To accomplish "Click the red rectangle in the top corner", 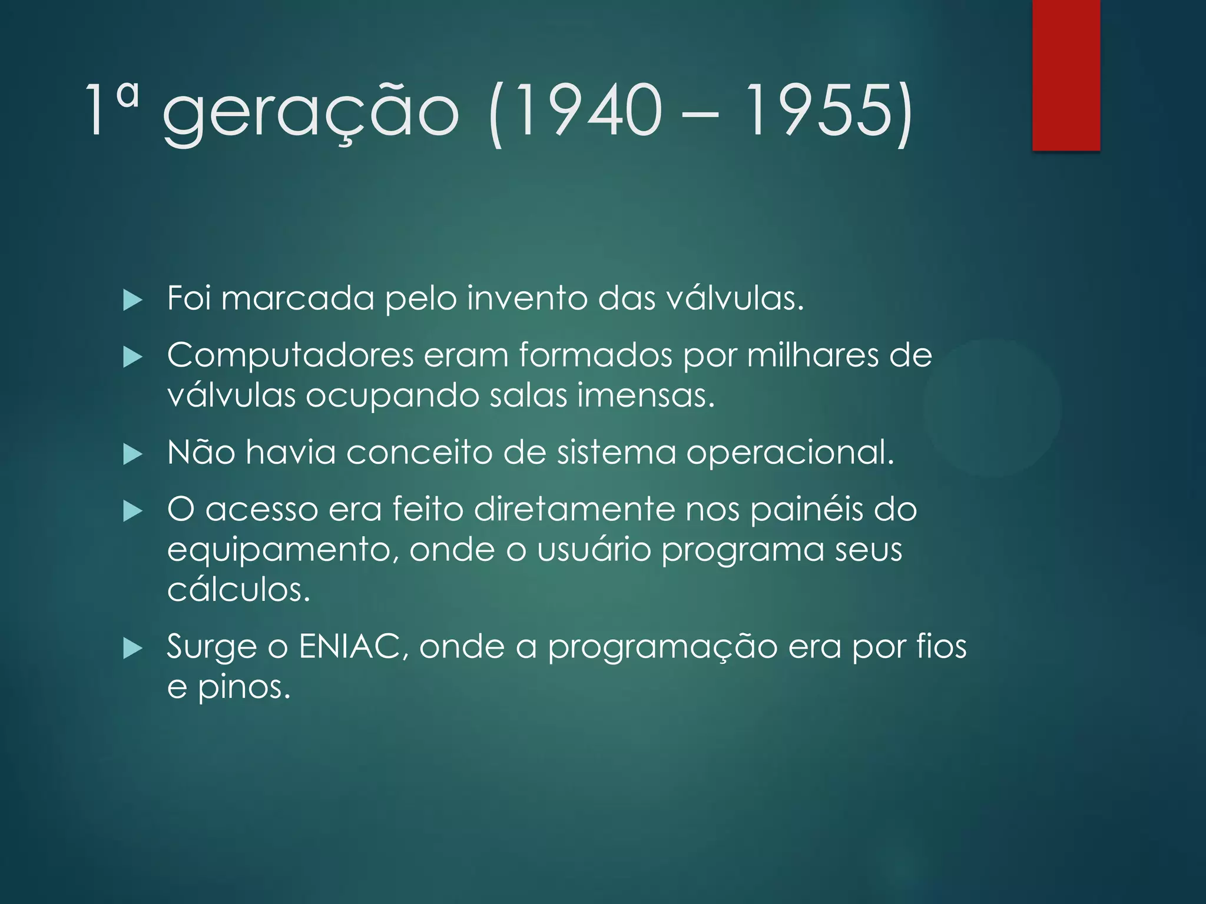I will point(1066,75).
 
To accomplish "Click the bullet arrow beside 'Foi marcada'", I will point(133,301).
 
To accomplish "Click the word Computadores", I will point(290,356).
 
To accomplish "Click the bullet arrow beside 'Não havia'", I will point(133,455).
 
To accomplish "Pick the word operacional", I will point(790,453).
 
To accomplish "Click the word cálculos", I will point(238,589).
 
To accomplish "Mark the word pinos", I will point(244,687).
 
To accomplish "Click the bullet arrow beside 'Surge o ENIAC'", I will point(133,650).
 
